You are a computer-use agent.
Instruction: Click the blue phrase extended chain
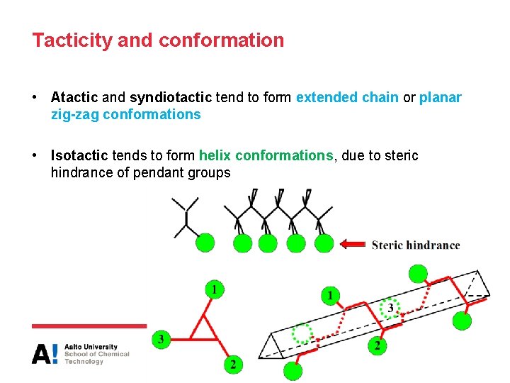pyautogui.click(x=347, y=97)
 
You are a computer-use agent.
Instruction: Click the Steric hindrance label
pyautogui.click(x=416, y=245)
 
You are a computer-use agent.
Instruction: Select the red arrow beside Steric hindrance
pyautogui.click(x=353, y=245)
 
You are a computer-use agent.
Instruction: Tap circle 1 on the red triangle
pyautogui.click(x=215, y=289)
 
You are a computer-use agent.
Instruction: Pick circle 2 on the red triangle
pyautogui.click(x=233, y=365)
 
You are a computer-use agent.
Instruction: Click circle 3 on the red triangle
pyautogui.click(x=161, y=340)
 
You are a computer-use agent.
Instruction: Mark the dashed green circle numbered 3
pyautogui.click(x=390, y=309)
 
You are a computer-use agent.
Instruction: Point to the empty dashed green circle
pyautogui.click(x=302, y=333)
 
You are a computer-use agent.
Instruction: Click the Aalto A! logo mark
pyautogui.click(x=45, y=353)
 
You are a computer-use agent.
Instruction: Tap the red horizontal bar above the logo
pyautogui.click(x=88, y=326)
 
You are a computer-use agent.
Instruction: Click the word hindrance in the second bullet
pyautogui.click(x=79, y=172)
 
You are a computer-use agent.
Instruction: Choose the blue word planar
pyautogui.click(x=440, y=97)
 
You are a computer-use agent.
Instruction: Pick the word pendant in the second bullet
pyautogui.click(x=157, y=172)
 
